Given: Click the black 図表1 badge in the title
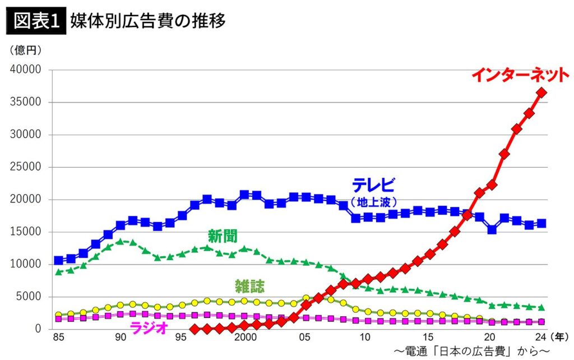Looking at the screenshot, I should coord(36,21).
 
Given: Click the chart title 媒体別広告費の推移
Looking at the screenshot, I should coord(148,21).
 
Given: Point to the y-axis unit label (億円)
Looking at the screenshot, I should coord(26,50).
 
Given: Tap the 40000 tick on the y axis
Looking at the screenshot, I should coord(26,70).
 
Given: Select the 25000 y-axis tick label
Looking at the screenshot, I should coord(26,167).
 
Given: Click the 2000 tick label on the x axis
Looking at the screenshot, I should coord(245,338).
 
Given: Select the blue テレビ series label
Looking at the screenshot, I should coord(374,185).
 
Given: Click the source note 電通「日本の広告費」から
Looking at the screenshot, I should coord(471,352).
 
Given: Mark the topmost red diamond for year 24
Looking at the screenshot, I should coord(541,93).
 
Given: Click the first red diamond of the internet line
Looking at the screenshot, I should coord(195,329).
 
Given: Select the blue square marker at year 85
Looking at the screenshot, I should coord(58,260).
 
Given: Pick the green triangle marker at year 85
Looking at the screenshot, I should coord(58,272).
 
